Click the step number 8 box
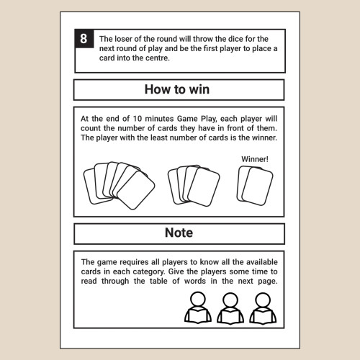coord(84,39)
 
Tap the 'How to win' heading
coord(177,89)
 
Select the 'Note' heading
coord(179,233)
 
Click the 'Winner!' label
coord(255,159)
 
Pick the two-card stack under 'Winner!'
coord(255,186)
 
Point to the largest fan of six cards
coord(119,185)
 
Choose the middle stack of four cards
coord(194,186)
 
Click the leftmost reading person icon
coord(198,307)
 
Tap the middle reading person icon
coord(230,308)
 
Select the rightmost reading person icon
coord(263,308)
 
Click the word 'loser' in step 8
coord(123,39)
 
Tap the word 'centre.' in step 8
coord(157,58)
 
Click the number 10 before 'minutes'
coord(138,119)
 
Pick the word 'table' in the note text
coord(158,281)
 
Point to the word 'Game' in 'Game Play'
coord(187,119)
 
